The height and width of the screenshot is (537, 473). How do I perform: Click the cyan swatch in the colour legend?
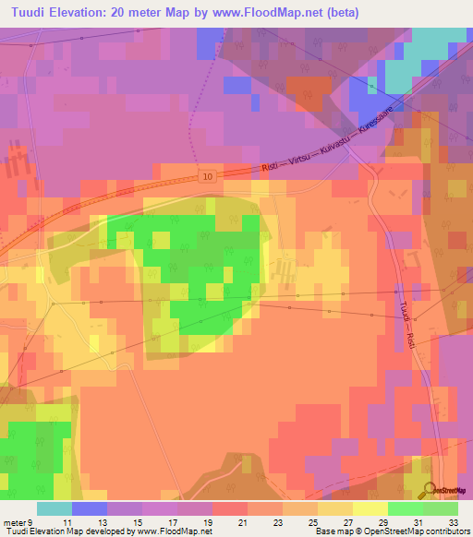(55, 508)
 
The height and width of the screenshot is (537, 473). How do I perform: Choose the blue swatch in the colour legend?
(90, 508)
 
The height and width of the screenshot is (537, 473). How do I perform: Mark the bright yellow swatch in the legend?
(370, 508)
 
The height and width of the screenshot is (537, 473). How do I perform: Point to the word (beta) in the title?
(340, 13)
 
